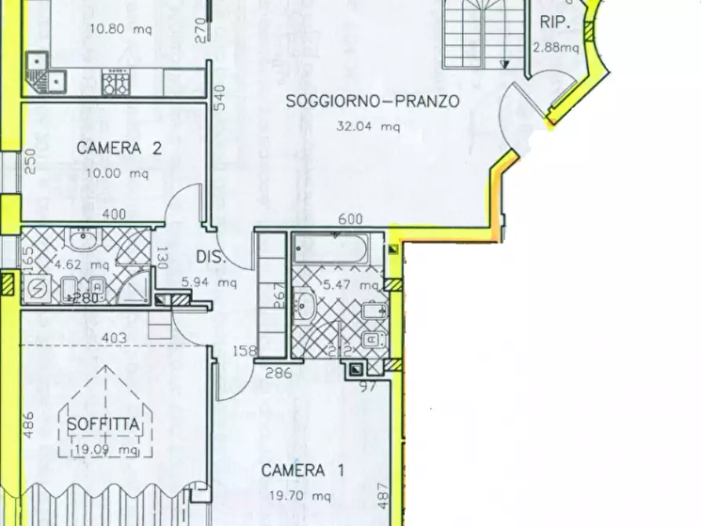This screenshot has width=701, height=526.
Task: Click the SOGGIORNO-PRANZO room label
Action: (372, 100)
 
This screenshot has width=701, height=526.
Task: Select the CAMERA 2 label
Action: (119, 148)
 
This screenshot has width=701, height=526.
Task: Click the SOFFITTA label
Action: (104, 425)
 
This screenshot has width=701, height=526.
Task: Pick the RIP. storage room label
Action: (554, 23)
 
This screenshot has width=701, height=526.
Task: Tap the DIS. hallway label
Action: (211, 257)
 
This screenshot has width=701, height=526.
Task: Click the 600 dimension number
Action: (350, 221)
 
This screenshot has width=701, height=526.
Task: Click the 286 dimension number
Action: (279, 374)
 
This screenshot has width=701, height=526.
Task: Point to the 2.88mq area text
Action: (556, 47)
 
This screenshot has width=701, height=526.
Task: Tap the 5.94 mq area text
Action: (209, 282)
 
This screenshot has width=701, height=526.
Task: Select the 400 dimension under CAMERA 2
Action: (114, 214)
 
